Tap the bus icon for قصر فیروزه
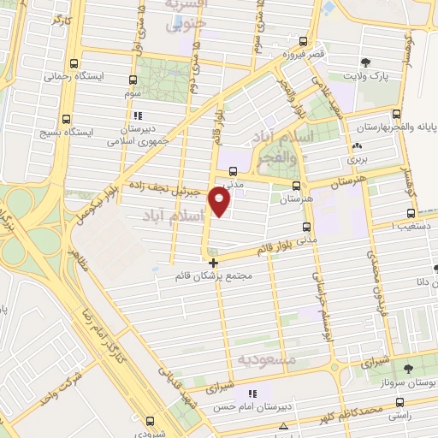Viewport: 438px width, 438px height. [302, 41]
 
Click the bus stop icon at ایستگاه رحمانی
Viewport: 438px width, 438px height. [74, 63]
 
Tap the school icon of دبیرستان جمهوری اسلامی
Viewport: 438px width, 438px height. [135, 115]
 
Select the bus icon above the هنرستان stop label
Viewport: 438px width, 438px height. [296, 185]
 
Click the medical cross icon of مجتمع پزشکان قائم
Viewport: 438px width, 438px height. [213, 262]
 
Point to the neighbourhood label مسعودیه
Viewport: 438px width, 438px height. [267, 360]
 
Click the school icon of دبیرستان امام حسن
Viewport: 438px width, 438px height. [251, 394]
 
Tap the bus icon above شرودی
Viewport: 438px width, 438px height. [151, 409]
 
